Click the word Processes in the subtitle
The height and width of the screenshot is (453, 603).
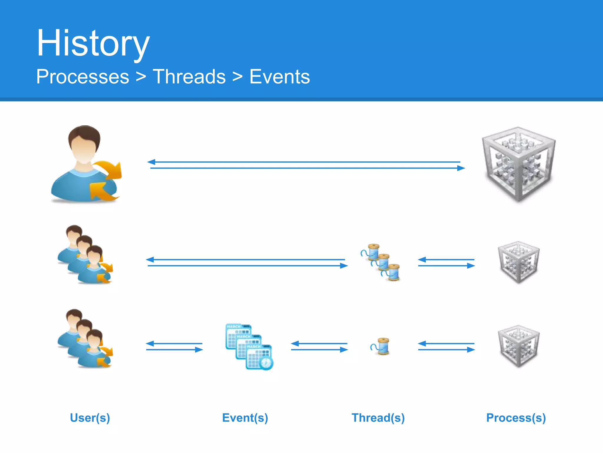click(83, 77)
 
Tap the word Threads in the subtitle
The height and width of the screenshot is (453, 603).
click(189, 77)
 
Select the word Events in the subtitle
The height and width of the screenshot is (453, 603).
click(279, 77)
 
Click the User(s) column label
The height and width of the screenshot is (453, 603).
click(90, 418)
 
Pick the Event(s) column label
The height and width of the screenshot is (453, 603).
click(245, 418)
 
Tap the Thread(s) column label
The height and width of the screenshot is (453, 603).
click(378, 418)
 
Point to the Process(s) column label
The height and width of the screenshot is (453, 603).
click(516, 418)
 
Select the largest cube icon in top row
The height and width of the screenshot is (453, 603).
click(518, 164)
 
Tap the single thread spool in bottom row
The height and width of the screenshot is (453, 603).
click(381, 346)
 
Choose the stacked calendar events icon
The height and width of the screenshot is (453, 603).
click(249, 347)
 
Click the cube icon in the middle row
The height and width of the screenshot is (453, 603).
click(518, 262)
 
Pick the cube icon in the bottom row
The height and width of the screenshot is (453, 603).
click(518, 346)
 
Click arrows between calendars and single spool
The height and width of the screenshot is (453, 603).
click(319, 347)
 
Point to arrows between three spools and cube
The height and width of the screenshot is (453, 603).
click(446, 262)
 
